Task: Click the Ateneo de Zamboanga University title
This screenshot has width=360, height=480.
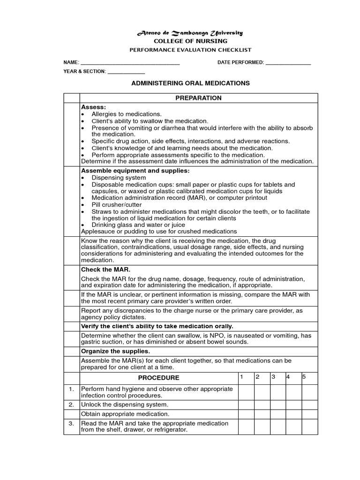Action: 189,33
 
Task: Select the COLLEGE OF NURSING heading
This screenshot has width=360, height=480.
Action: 190,41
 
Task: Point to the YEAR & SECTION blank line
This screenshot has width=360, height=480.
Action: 126,73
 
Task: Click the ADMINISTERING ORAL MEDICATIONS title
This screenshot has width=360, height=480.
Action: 190,83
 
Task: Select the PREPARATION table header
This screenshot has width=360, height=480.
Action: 198,98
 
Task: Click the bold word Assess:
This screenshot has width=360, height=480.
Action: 93,107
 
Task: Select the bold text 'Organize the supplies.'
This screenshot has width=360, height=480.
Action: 115,351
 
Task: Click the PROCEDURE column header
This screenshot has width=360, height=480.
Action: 158,378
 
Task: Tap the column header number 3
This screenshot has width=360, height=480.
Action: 272,377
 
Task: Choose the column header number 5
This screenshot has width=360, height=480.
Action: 304,377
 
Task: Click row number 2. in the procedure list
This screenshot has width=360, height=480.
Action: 71,405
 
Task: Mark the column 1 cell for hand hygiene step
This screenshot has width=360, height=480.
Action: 246,392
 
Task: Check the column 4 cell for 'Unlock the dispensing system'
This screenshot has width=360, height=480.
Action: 293,405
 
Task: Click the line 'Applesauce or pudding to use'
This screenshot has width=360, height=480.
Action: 159,232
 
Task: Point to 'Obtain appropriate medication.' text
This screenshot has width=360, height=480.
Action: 125,414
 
